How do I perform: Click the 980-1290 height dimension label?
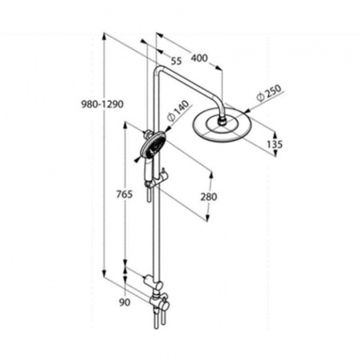[x=102, y=104]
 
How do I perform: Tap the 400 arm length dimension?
[x=199, y=58]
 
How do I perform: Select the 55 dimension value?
[x=176, y=61]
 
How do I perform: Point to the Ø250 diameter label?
[x=269, y=93]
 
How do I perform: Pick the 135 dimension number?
[x=274, y=144]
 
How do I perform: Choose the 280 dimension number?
[x=209, y=197]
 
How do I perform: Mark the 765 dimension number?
[x=124, y=194]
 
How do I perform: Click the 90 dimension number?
[x=125, y=302]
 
